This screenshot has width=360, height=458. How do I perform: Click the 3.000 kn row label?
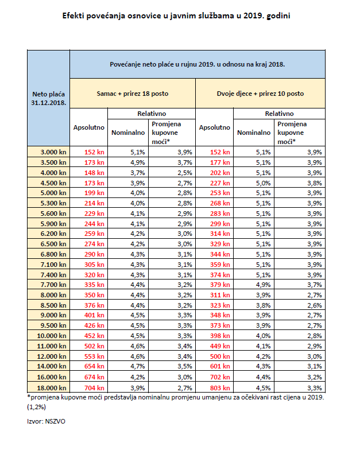point(53,152)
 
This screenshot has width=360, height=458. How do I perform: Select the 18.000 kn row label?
point(52,388)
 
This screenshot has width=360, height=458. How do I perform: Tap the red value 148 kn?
point(94,173)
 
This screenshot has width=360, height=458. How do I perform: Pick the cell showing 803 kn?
point(220,388)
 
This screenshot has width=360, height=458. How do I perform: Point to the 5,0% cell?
point(264,183)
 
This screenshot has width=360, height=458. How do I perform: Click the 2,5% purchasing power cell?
point(185,173)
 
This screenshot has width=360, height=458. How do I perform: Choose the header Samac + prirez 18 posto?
point(133,94)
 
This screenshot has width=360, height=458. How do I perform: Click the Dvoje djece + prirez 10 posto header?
point(260,94)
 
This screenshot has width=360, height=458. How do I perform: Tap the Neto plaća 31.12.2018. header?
point(48,99)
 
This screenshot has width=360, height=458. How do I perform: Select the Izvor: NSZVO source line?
point(46,421)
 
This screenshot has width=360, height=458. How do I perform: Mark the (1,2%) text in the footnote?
point(37,406)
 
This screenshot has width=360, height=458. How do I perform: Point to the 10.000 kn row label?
point(52,336)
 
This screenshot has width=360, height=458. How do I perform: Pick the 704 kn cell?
point(94,388)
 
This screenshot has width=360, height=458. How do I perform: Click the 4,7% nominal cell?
point(138,366)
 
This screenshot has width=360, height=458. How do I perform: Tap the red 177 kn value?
point(220,162)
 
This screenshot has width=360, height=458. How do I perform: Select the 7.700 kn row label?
point(53,285)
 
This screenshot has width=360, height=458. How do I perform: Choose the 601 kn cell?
point(220,366)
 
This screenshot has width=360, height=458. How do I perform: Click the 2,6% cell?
point(315,305)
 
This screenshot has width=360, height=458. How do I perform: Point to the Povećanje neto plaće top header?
point(198,64)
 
